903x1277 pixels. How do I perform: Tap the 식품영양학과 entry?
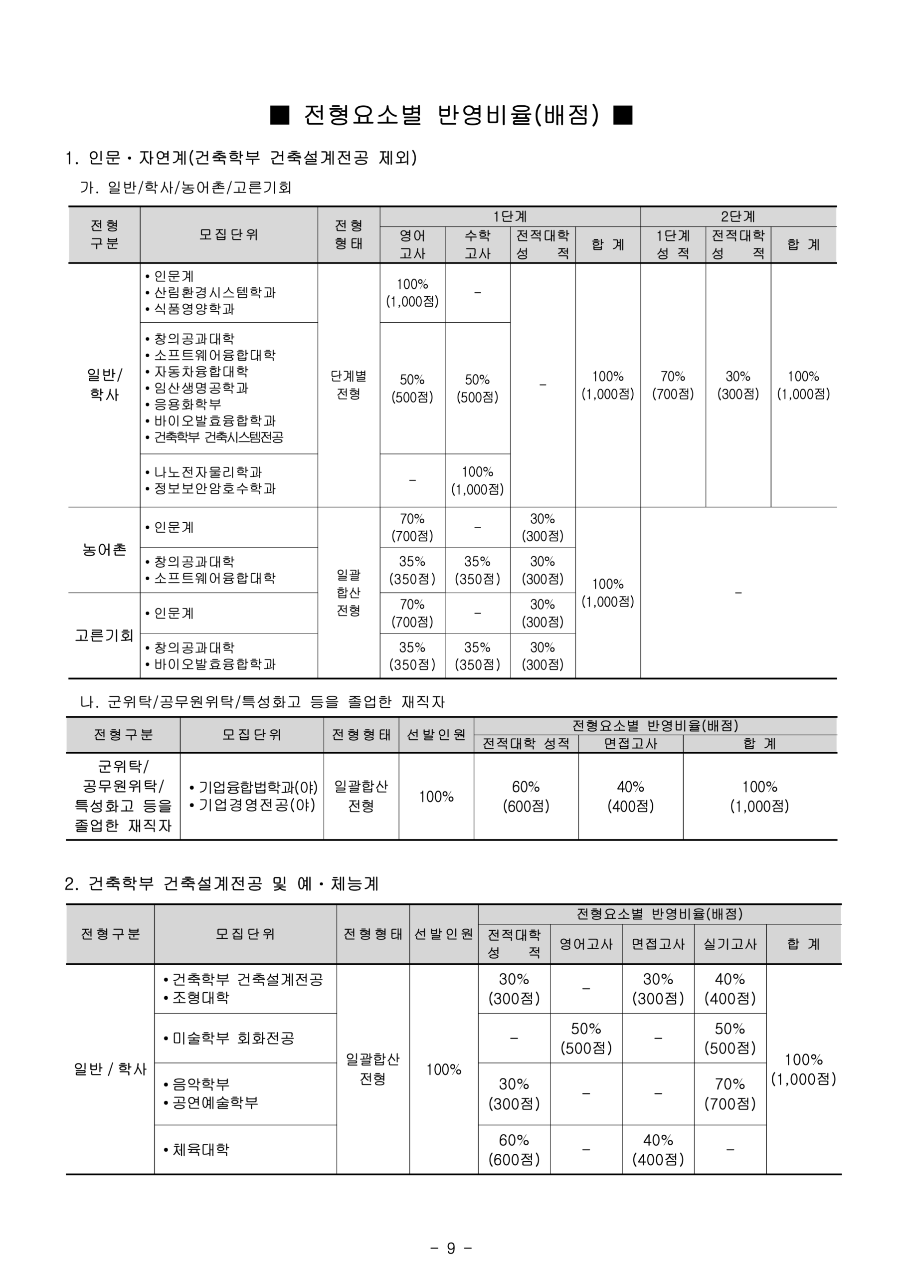pos(193,309)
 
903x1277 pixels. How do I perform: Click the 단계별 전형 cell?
pos(349,385)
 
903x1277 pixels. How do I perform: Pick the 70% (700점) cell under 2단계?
pos(673,385)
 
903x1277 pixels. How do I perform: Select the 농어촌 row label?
pos(104,550)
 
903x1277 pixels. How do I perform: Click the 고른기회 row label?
pos(104,635)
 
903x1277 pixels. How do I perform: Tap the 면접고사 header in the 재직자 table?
pos(631,744)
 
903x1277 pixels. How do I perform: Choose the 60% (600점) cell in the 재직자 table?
pos(526,797)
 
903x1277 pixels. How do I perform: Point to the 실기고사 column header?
pos(729,944)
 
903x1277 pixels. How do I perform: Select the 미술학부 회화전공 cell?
pos(232,1038)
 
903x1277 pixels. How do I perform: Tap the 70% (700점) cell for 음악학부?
pos(729,1093)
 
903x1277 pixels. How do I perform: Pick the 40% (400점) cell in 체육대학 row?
pos(658,1149)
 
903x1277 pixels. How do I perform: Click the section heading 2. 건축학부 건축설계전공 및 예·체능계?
pos(221,883)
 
